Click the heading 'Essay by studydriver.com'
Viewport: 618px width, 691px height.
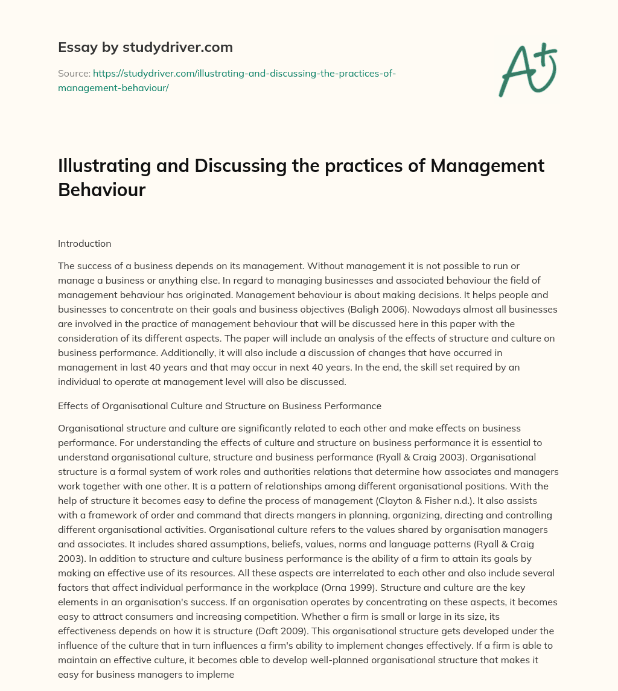[x=145, y=47]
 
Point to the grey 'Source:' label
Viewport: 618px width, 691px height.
[x=74, y=73]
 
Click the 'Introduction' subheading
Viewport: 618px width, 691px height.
[x=84, y=244]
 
